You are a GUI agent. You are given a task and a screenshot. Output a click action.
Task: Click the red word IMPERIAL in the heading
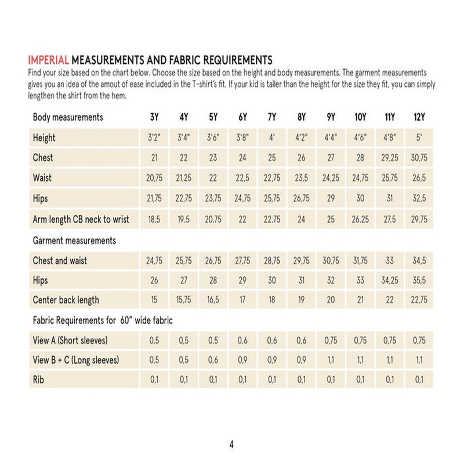(x=49, y=60)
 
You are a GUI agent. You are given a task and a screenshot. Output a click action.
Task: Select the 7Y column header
(x=272, y=117)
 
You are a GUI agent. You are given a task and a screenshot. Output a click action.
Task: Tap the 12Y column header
(x=419, y=117)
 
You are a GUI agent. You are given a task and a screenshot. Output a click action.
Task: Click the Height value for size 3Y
(x=154, y=138)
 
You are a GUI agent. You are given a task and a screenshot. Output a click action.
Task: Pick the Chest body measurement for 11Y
(x=390, y=158)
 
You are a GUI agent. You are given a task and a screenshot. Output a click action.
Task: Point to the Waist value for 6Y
(x=242, y=178)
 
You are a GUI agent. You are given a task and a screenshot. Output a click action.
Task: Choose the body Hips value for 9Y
(x=331, y=198)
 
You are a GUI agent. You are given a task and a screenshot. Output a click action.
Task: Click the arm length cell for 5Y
(x=213, y=219)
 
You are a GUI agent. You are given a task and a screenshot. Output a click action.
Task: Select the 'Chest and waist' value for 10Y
(x=360, y=261)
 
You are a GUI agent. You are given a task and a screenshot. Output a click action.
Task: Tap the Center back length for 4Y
(x=183, y=300)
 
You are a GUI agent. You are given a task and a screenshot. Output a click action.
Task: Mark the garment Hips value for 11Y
(x=390, y=281)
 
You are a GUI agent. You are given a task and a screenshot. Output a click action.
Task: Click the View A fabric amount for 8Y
(x=302, y=340)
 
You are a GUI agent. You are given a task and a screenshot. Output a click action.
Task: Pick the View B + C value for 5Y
(x=213, y=360)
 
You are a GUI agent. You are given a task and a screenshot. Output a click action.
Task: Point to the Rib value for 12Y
(x=419, y=380)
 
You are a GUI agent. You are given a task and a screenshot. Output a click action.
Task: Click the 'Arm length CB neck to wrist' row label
(x=81, y=219)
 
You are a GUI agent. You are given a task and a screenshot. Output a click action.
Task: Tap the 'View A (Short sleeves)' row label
(x=70, y=340)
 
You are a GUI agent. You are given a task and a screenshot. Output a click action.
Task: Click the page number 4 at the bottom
(x=231, y=445)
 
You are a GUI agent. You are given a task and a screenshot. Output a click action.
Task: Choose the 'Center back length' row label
(x=66, y=300)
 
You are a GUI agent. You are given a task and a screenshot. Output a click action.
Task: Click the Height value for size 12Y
(x=419, y=138)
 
